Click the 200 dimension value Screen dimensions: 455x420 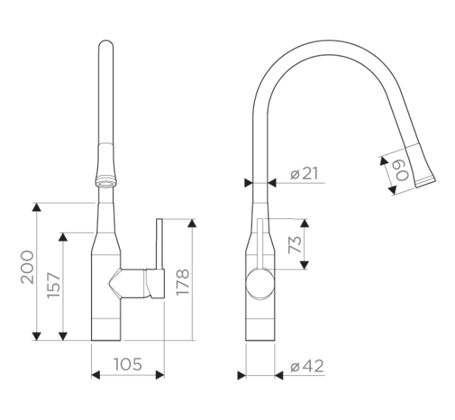27,267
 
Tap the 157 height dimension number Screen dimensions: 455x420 54,285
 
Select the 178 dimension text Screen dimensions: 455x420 183,282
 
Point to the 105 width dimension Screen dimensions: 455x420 127,364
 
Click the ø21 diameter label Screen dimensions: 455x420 304,174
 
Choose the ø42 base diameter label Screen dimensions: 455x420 307,366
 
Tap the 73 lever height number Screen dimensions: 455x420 295,245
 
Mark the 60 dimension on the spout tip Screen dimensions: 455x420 402,171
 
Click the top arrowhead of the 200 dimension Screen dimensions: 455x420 36,207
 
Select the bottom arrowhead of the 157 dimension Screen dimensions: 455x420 63,336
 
